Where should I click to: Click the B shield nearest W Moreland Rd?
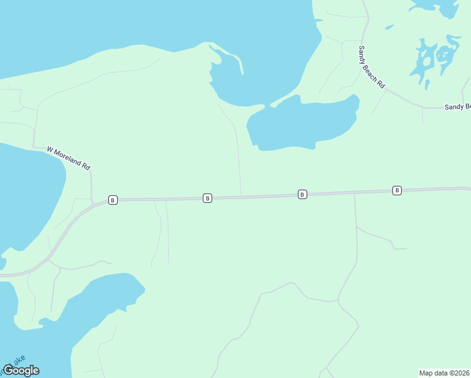point(113,200)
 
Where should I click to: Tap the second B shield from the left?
point(207,198)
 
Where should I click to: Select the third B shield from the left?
point(302,194)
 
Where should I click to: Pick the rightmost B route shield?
point(397,190)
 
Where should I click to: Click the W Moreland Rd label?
point(69,158)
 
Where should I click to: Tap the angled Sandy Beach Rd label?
point(372,67)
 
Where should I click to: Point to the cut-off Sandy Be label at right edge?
point(457,107)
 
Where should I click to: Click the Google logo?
point(21,370)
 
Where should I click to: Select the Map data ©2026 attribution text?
point(444,372)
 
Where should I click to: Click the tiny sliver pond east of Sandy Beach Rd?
point(389,27)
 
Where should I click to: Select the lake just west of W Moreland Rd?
point(28,189)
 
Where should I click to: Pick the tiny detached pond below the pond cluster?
point(427,84)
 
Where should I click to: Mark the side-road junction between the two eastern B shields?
point(355,193)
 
